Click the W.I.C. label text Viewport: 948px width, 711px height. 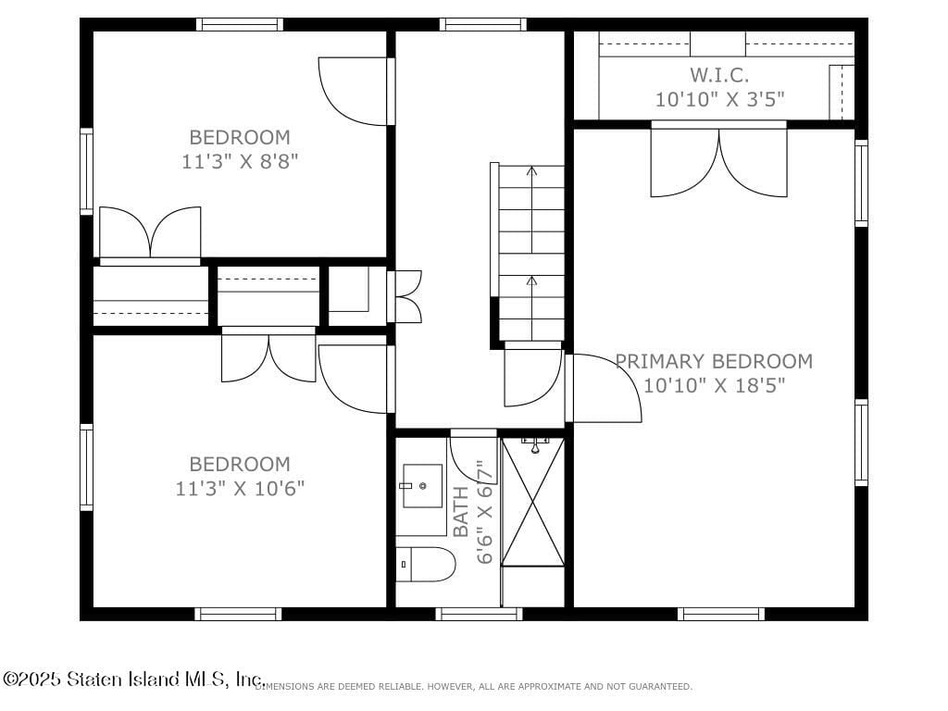(x=719, y=75)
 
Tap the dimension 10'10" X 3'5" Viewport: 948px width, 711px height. (x=721, y=99)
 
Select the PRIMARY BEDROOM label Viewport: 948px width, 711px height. (x=715, y=361)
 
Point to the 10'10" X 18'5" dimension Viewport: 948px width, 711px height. (x=715, y=385)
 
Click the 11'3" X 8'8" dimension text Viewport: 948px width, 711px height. (x=240, y=161)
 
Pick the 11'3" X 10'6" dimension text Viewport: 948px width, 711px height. (x=240, y=488)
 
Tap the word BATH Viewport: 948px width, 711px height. (x=461, y=513)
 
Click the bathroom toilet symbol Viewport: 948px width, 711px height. (x=426, y=563)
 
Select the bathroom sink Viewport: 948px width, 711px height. (x=422, y=486)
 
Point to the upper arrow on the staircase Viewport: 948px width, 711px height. (x=531, y=171)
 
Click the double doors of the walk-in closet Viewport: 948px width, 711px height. (x=719, y=163)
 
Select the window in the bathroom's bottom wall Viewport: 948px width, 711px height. (x=479, y=613)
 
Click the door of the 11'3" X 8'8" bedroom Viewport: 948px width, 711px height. (x=355, y=92)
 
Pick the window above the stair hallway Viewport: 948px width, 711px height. (x=482, y=24)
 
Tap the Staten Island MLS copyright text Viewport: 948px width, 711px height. (x=133, y=680)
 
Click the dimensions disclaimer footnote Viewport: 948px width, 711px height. (x=473, y=687)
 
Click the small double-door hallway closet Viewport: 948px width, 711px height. (x=406, y=296)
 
